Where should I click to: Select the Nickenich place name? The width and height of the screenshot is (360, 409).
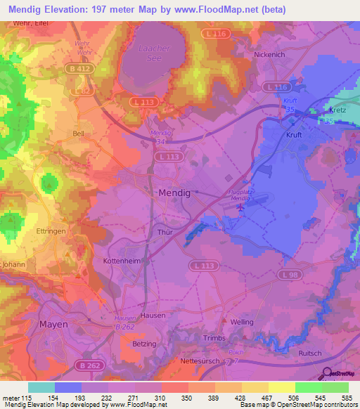(271, 54)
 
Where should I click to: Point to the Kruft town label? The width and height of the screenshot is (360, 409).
(293, 134)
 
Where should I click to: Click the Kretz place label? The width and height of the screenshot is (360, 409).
(339, 111)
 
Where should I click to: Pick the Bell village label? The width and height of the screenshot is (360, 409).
(79, 132)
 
